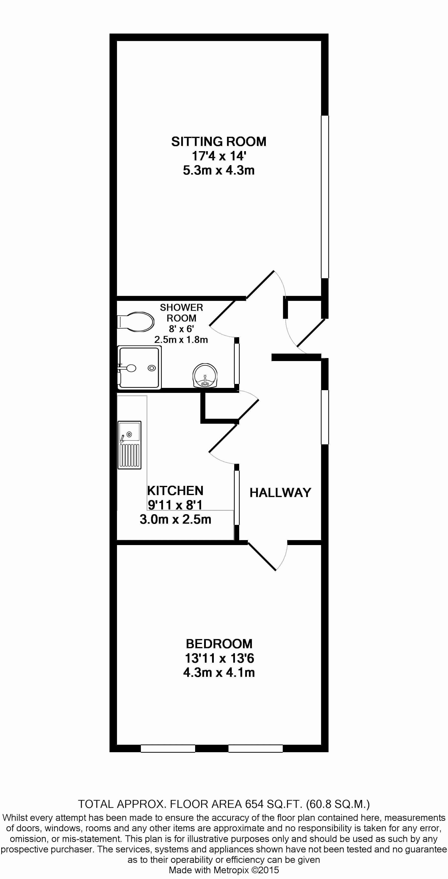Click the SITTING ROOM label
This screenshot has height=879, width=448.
pyautogui.click(x=219, y=141)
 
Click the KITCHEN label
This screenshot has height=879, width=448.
pyautogui.click(x=175, y=491)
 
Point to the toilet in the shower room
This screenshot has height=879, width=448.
pyautogui.click(x=135, y=322)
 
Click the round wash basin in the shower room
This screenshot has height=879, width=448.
pyautogui.click(x=205, y=376)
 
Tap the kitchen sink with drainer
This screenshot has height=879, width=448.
pyautogui.click(x=129, y=445)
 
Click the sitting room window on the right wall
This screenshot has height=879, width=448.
pyautogui.click(x=325, y=197)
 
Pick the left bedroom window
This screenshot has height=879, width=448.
pyautogui.click(x=168, y=748)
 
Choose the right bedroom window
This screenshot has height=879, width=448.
pyautogui.click(x=255, y=748)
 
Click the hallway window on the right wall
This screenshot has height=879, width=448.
pyautogui.click(x=325, y=417)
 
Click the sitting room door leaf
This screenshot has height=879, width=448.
pyautogui.click(x=260, y=284)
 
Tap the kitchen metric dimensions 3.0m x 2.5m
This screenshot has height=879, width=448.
pyautogui.click(x=175, y=519)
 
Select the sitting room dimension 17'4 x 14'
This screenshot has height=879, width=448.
pyautogui.click(x=219, y=156)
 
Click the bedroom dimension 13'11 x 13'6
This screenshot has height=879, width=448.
pyautogui.click(x=220, y=658)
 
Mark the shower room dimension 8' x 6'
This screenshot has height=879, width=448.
pyautogui.click(x=181, y=329)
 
